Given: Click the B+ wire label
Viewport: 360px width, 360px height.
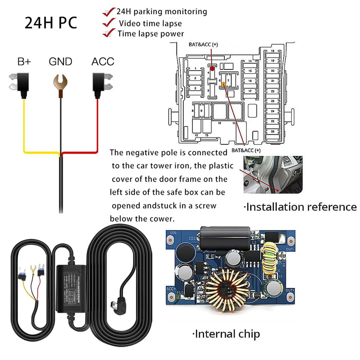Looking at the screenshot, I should pyautogui.click(x=24, y=62).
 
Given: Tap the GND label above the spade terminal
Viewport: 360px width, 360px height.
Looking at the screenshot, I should pyautogui.click(x=60, y=62).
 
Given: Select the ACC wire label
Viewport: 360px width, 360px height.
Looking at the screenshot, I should pyautogui.click(x=103, y=62).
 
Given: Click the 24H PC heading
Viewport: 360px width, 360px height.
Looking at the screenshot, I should pyautogui.click(x=50, y=22).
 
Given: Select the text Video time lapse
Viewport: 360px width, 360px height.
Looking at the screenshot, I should pyautogui.click(x=150, y=23).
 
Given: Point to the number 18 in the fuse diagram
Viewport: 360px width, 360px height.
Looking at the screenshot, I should pyautogui.click(x=273, y=51).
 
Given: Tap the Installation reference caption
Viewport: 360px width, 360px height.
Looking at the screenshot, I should pyautogui.click(x=300, y=207).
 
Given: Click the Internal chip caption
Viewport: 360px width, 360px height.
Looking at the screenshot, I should pyautogui.click(x=227, y=334).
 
